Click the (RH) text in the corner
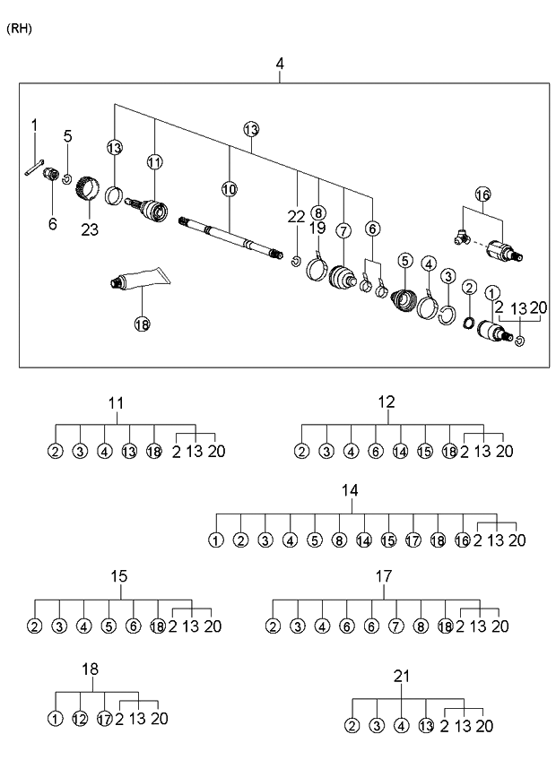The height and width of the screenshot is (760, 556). point(19,29)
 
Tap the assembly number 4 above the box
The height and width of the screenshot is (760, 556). point(280,64)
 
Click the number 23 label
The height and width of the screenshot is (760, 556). point(90,229)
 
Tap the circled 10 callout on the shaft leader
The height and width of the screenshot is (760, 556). point(229,189)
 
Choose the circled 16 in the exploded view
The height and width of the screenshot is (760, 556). point(482,194)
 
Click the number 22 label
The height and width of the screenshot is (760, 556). point(297,216)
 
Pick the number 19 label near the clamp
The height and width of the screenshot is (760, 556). point(317,229)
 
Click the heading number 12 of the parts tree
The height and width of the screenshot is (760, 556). point(386,402)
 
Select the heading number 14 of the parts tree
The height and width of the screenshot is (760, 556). point(350,490)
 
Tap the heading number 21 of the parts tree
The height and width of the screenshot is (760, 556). point(400,677)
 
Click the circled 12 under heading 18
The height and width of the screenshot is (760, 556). point(80,718)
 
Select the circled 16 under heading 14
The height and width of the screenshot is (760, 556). point(462,540)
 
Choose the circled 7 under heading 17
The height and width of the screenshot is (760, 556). point(395,626)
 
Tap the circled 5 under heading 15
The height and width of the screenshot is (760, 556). point(109,626)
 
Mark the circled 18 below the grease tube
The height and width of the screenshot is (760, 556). point(142,324)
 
